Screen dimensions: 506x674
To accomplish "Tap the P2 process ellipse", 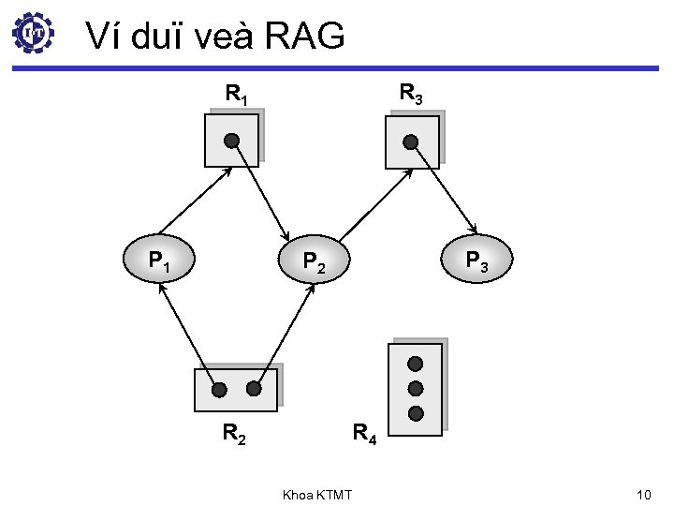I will [x=313, y=262].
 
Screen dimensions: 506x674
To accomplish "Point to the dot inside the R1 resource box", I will [x=231, y=141].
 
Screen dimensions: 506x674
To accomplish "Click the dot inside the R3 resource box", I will [x=410, y=141].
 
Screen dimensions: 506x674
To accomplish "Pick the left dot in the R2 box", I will [x=218, y=389].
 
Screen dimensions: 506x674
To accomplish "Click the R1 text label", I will [x=236, y=95].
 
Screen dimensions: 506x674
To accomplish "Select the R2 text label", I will [x=234, y=433].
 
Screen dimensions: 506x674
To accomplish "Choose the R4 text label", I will [x=364, y=434].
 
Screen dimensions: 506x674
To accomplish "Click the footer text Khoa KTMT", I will [x=316, y=494].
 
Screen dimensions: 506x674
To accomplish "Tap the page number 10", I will [x=642, y=493].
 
